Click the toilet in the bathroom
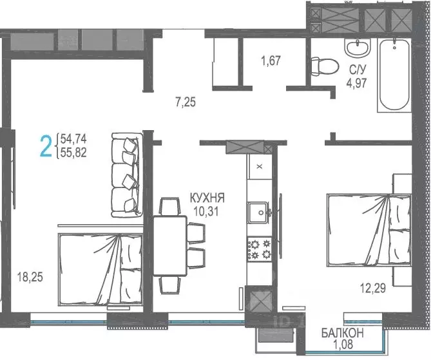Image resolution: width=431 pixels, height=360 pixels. coord(324,66)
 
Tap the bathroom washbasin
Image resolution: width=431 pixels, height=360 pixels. coord(358,48)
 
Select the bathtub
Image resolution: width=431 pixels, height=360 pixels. coord(395,75)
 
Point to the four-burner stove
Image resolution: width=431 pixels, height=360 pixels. coord(260,249)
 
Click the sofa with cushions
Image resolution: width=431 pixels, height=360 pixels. coord(128,175)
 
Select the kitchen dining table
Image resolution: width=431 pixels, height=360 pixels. coord(170,245)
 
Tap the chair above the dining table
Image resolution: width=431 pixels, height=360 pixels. coord(170,206)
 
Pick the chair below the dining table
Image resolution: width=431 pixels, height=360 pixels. coord(170,285)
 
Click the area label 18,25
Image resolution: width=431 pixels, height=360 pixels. coord(30,277)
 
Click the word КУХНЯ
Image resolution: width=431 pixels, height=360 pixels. coord(207,198)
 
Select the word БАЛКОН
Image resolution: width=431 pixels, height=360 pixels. coord(343,333)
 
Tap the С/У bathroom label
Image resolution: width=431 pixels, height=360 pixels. coord(358,70)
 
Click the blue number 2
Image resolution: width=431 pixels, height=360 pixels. coord(46,146)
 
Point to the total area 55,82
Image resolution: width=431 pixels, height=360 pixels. coord(73,153)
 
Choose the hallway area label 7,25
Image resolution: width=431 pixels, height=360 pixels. coord(186,102)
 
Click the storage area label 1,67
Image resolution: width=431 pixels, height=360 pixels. coord(271,61)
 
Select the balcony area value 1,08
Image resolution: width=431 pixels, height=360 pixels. coord(343,344)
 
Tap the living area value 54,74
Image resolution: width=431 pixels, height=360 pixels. coord(73,138)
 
